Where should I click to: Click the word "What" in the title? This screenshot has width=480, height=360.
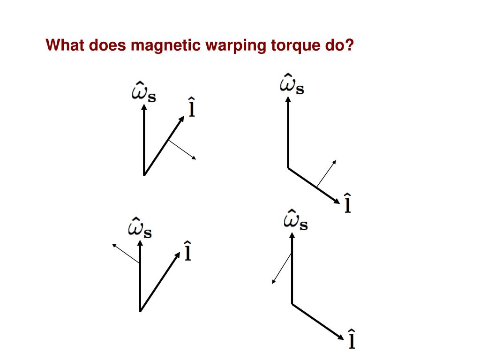65,45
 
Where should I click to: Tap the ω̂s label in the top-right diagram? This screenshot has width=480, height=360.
292,84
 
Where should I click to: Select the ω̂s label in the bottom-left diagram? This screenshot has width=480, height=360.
140,229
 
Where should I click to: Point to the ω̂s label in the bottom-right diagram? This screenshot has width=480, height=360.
295,221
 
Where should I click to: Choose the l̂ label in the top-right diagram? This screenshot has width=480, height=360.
347,202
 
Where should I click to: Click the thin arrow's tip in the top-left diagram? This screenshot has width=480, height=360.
195,159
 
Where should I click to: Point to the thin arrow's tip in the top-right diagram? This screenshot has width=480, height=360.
336,161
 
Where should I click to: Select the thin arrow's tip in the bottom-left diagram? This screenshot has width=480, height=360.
112,244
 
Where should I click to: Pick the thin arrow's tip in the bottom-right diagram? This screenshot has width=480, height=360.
273,283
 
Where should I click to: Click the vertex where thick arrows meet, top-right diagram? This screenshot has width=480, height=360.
288,167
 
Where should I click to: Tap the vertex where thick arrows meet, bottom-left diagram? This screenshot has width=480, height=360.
140,310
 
